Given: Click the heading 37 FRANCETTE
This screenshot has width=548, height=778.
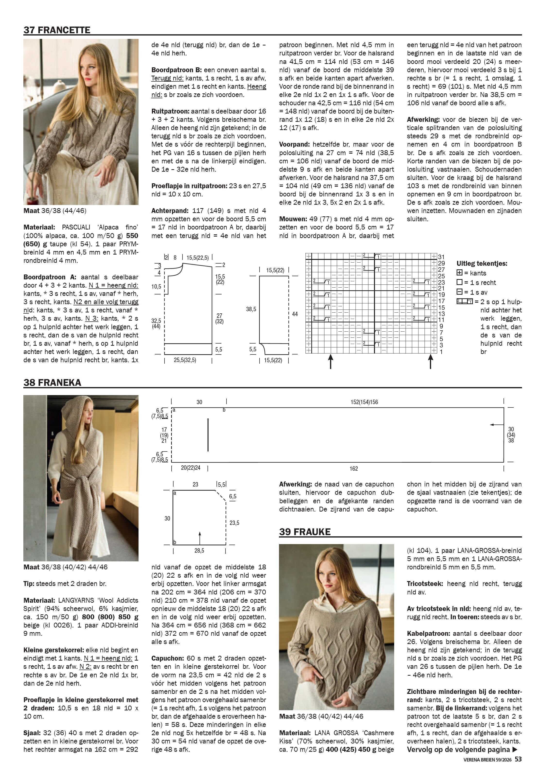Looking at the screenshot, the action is (x=57, y=30).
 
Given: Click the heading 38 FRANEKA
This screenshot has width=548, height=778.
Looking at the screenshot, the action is (x=52, y=383).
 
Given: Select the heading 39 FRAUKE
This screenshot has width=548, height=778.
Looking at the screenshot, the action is (x=305, y=532).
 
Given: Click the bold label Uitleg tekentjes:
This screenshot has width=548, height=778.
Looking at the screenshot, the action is (x=482, y=263).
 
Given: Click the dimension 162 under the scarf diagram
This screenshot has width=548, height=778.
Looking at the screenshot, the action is (x=354, y=469).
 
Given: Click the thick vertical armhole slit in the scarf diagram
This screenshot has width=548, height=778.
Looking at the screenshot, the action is (x=208, y=435).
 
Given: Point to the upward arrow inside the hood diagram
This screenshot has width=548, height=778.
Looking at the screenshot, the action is (x=200, y=538).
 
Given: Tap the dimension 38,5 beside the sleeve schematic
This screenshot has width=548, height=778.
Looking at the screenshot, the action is (x=251, y=309).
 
